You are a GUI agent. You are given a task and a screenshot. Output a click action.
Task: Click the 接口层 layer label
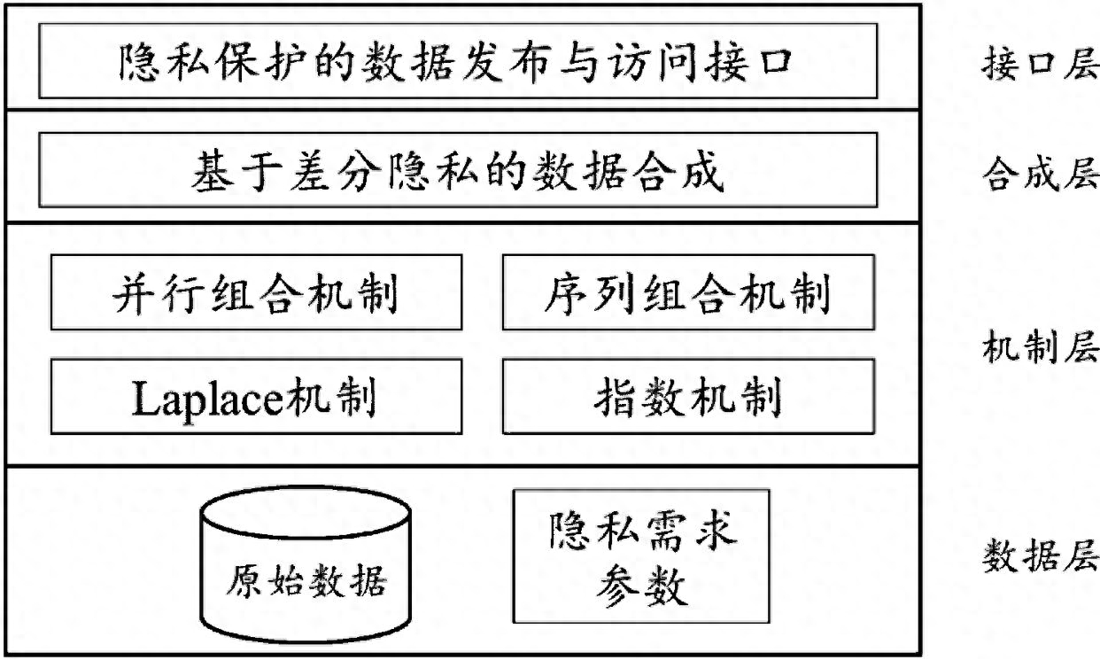tap(1040, 64)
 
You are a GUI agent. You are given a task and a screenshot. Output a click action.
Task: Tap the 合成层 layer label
tap(1040, 174)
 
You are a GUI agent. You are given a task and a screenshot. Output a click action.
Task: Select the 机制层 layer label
tap(1040, 346)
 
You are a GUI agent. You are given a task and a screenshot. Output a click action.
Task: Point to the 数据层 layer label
tap(1040, 555)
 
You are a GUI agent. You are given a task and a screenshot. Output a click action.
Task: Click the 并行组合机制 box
tap(256, 292)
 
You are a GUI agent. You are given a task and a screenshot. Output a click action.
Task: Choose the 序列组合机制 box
tap(688, 292)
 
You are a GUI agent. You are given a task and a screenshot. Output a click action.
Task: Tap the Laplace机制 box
tap(256, 396)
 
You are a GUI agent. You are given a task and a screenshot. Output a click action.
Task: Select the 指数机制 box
tap(688, 396)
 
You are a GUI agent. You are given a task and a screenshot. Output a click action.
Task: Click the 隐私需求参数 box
tap(641, 555)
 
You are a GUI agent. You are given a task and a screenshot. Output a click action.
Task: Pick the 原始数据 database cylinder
tap(306, 564)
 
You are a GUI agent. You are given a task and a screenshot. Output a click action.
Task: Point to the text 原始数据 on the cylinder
tap(306, 580)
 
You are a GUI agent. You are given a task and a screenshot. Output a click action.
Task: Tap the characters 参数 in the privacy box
tap(641, 586)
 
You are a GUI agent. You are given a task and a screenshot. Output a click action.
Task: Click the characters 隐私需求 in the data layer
tap(642, 531)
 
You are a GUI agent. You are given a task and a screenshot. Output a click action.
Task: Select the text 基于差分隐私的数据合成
tap(458, 171)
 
